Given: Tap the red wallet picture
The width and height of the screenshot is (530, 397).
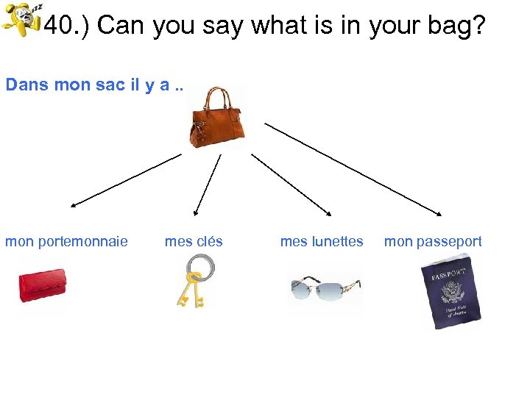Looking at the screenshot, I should pyautogui.click(x=43, y=286).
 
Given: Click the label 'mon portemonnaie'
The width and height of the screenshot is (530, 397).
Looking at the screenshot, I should pyautogui.click(x=66, y=241).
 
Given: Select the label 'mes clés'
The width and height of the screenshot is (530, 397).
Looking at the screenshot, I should pyautogui.click(x=194, y=241).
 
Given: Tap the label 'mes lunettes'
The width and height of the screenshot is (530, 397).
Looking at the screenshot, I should pyautogui.click(x=322, y=241).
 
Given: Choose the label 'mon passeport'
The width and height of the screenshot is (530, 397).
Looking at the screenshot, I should pyautogui.click(x=433, y=241).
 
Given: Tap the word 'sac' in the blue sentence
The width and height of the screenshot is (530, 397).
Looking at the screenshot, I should pyautogui.click(x=110, y=85).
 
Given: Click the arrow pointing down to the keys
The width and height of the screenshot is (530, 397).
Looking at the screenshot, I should pyautogui.click(x=208, y=185).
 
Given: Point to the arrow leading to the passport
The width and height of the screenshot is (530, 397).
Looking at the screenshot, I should pyautogui.click(x=353, y=169).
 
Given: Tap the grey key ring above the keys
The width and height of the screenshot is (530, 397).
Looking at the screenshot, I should pyautogui.click(x=199, y=265).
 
